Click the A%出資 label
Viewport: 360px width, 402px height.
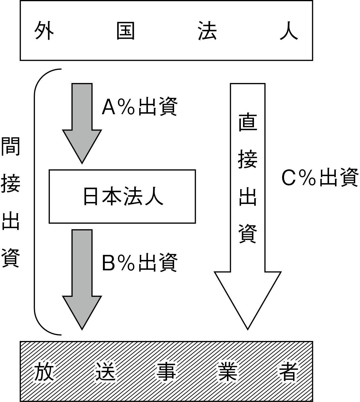139,107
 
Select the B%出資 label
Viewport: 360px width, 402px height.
139,263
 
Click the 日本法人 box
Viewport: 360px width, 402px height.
122,196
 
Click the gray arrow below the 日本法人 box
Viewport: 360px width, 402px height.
82,279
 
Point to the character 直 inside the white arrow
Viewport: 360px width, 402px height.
248,123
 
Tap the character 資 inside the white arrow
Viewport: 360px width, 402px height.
248,233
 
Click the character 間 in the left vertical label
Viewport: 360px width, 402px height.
10,146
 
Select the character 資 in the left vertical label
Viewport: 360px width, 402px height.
10,258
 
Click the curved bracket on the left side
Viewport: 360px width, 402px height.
35,202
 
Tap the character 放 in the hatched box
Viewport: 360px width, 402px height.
44,371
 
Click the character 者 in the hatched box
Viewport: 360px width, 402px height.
289,371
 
